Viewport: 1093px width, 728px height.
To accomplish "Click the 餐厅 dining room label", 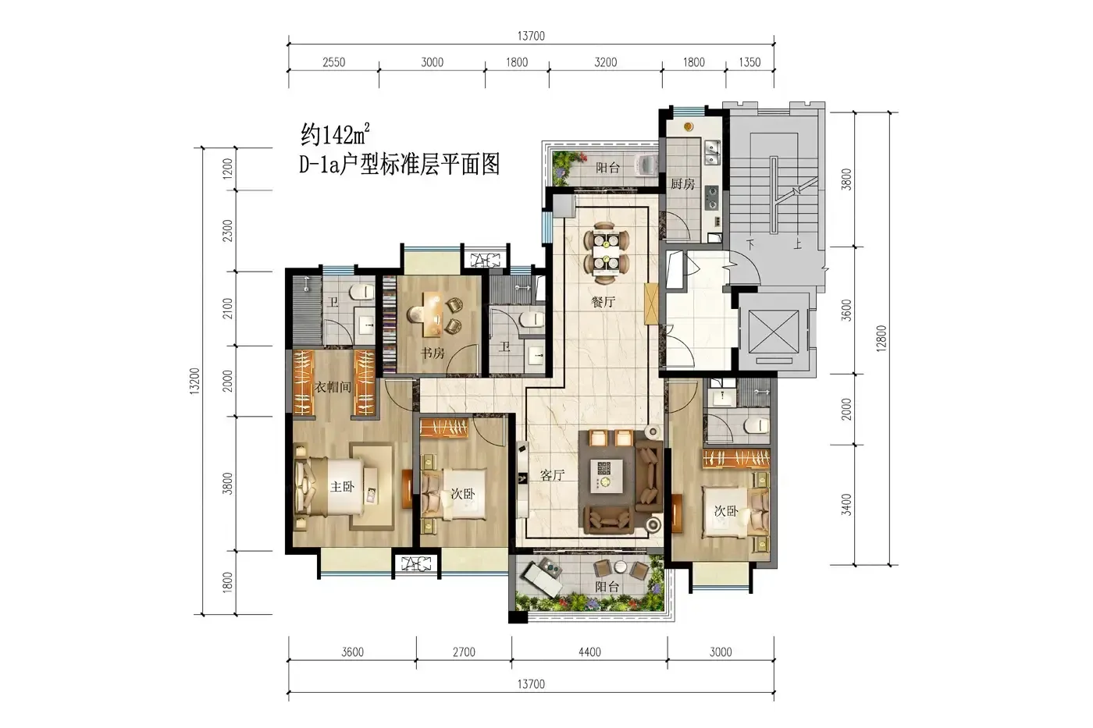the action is click(x=603, y=302).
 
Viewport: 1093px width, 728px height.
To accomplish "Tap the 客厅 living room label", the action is click(x=553, y=475).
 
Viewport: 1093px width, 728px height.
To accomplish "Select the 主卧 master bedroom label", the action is click(x=342, y=486).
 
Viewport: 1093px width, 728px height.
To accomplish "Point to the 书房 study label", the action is click(x=433, y=353).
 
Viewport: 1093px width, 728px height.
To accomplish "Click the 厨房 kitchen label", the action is click(x=682, y=184).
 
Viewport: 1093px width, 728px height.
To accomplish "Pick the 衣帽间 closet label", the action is click(x=333, y=387).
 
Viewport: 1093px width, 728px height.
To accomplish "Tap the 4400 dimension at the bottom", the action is click(x=589, y=652).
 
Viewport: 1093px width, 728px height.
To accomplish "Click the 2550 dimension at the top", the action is click(x=334, y=62).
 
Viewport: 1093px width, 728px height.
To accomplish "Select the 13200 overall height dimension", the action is click(x=194, y=381).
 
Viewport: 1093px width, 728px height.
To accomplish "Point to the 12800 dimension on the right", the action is click(x=881, y=339).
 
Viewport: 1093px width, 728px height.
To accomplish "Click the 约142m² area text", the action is click(x=335, y=134).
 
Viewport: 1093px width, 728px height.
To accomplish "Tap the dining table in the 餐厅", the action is click(x=606, y=253).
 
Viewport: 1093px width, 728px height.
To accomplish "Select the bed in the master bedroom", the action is click(x=329, y=486).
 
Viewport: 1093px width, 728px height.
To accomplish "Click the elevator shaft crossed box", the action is click(x=774, y=332).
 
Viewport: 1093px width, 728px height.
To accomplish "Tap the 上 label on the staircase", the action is click(x=797, y=243).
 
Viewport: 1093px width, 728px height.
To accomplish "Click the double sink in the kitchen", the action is click(x=712, y=151).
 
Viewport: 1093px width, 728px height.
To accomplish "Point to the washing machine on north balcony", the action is click(x=645, y=165).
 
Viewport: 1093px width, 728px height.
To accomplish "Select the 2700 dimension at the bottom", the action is click(x=464, y=652).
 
